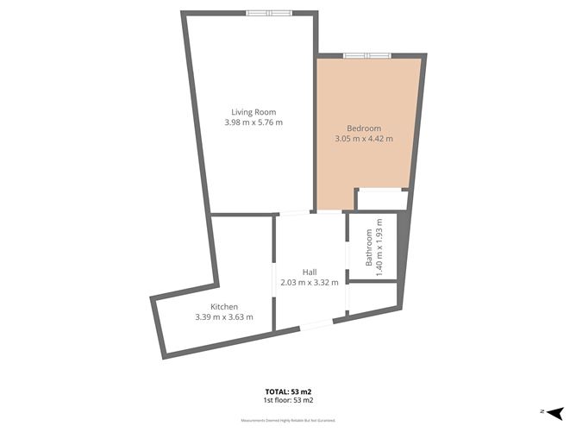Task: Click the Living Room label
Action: pos(253,111)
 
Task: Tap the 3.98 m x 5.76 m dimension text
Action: pos(253,122)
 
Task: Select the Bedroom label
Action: pos(363,128)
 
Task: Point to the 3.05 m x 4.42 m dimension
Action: pos(363,138)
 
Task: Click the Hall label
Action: pos(309,272)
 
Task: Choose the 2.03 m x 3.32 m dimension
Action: pos(309,282)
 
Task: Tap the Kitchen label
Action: pos(224,307)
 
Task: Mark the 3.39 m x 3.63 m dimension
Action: pos(224,317)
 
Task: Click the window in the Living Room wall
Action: pos(269,13)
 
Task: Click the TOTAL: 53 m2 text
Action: pos(287,392)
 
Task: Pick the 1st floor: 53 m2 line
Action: pos(287,401)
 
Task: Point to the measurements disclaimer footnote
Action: pos(287,421)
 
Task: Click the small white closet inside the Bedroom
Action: pos(381,199)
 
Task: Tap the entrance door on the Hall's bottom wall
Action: pos(315,326)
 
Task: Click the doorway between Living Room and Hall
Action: pos(293,213)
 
